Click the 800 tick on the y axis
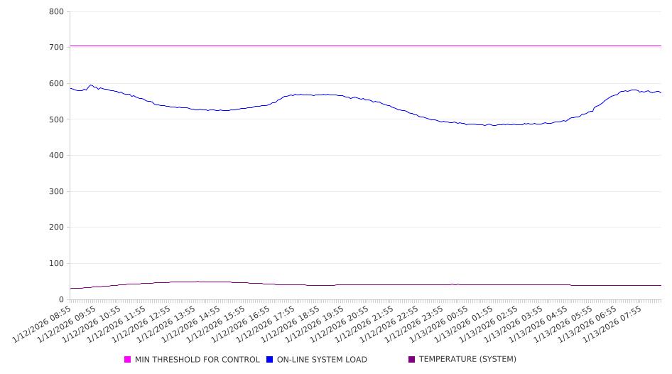click(56, 12)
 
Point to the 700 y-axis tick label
click(56, 48)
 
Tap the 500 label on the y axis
click(56, 119)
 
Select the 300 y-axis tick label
click(56, 192)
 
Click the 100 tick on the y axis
click(56, 264)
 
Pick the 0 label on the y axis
click(61, 300)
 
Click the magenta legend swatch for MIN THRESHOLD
click(128, 360)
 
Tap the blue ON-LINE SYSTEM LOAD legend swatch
click(270, 360)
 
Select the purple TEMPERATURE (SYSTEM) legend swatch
click(412, 360)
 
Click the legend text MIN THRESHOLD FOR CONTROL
click(197, 360)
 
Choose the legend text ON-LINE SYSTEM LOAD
click(322, 360)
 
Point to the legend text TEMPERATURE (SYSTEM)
click(467, 360)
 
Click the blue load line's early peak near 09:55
click(90, 85)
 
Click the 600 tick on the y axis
click(56, 84)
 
